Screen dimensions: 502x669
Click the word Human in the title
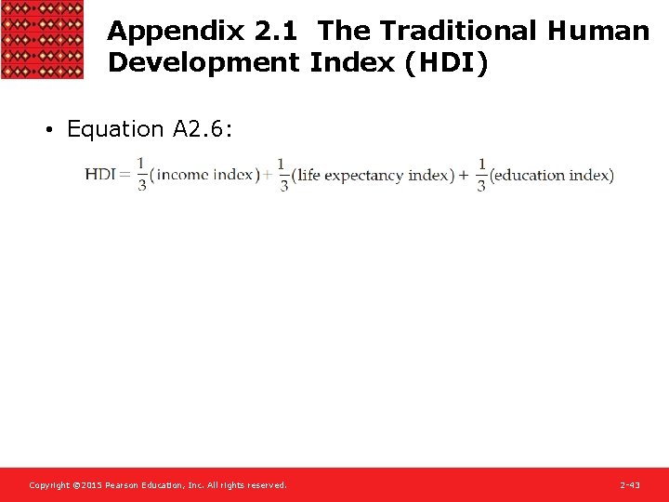click(598, 32)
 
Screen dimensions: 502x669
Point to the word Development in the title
click(204, 63)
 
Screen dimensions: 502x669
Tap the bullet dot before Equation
click(48, 130)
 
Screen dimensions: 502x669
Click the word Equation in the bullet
click(115, 129)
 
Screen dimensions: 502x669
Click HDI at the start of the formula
click(100, 175)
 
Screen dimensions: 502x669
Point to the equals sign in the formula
click(125, 175)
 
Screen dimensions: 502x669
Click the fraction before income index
click(141, 175)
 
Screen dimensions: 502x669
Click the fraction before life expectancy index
click(282, 175)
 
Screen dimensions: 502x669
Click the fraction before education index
click(481, 175)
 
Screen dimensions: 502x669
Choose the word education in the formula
click(531, 176)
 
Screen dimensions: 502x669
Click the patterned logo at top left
click(42, 39)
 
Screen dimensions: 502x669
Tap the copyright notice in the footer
click(158, 485)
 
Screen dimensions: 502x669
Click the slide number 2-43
click(630, 485)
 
